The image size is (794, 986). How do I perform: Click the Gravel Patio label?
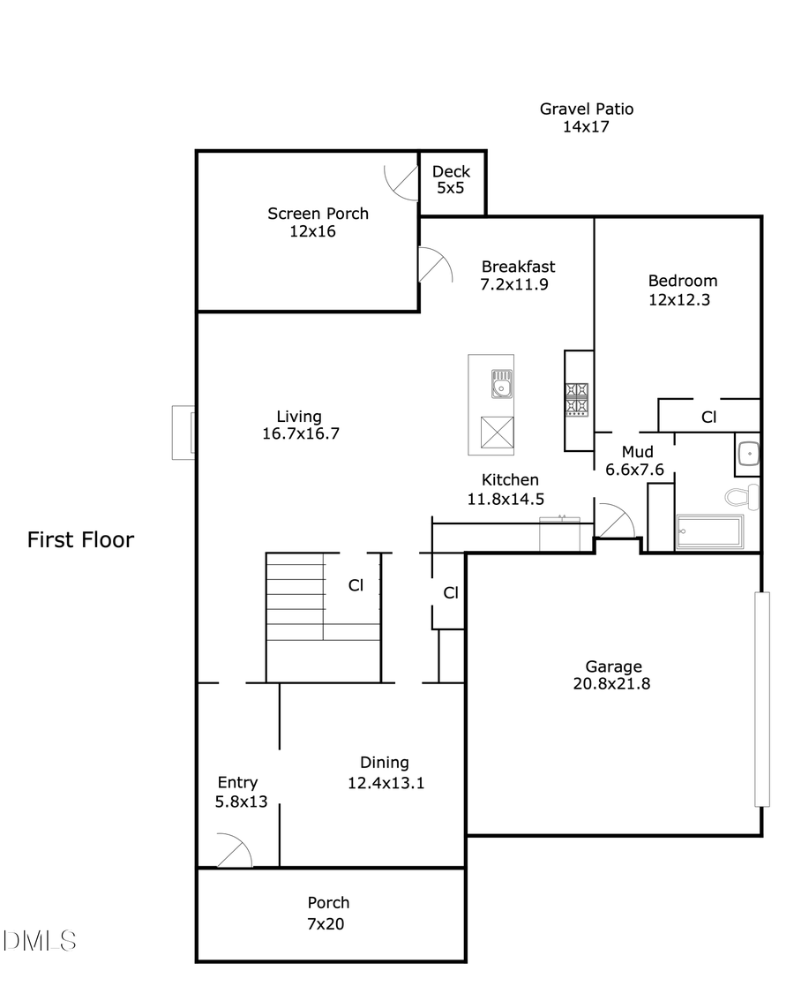tap(586, 109)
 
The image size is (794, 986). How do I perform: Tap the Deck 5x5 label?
tap(451, 172)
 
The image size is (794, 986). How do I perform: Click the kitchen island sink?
tap(502, 384)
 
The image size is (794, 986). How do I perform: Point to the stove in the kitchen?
tap(577, 399)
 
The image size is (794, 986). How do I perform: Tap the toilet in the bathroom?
tap(744, 496)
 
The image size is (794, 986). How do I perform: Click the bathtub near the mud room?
tap(708, 533)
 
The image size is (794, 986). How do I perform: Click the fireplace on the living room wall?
tap(184, 433)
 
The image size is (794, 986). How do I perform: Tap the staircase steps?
tap(296, 596)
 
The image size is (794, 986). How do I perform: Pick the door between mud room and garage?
tap(615, 521)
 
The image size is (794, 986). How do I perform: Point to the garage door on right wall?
tap(762, 699)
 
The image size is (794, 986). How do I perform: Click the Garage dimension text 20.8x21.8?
tap(613, 683)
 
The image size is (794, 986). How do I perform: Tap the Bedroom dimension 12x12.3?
tap(679, 299)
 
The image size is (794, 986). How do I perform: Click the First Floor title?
tap(80, 540)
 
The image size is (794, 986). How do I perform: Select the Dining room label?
tap(385, 763)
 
